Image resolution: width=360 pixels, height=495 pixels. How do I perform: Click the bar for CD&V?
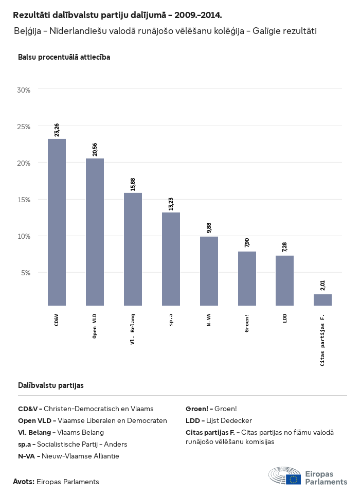[57, 222]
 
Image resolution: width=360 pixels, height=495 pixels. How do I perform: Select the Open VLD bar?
[95, 232]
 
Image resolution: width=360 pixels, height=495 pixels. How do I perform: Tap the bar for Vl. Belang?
[133, 249]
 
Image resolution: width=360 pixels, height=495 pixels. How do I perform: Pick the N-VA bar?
[209, 271]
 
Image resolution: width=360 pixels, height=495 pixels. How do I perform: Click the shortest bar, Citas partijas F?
[322, 299]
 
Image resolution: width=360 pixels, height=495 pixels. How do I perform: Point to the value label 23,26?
[57, 130]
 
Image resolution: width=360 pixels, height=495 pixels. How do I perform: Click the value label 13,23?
[171, 203]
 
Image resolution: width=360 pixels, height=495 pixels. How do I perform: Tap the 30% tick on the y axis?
[24, 90]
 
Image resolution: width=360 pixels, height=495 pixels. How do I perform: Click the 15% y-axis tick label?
[24, 200]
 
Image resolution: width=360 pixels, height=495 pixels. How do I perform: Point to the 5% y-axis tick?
[26, 273]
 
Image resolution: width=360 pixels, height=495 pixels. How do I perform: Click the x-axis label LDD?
[285, 319]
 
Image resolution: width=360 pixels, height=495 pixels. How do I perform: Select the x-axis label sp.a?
[171, 320]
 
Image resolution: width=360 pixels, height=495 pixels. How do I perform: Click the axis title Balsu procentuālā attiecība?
[64, 57]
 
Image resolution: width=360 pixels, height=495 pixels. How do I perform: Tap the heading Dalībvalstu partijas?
[50, 385]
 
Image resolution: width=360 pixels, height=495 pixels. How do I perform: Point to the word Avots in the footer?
[24, 482]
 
